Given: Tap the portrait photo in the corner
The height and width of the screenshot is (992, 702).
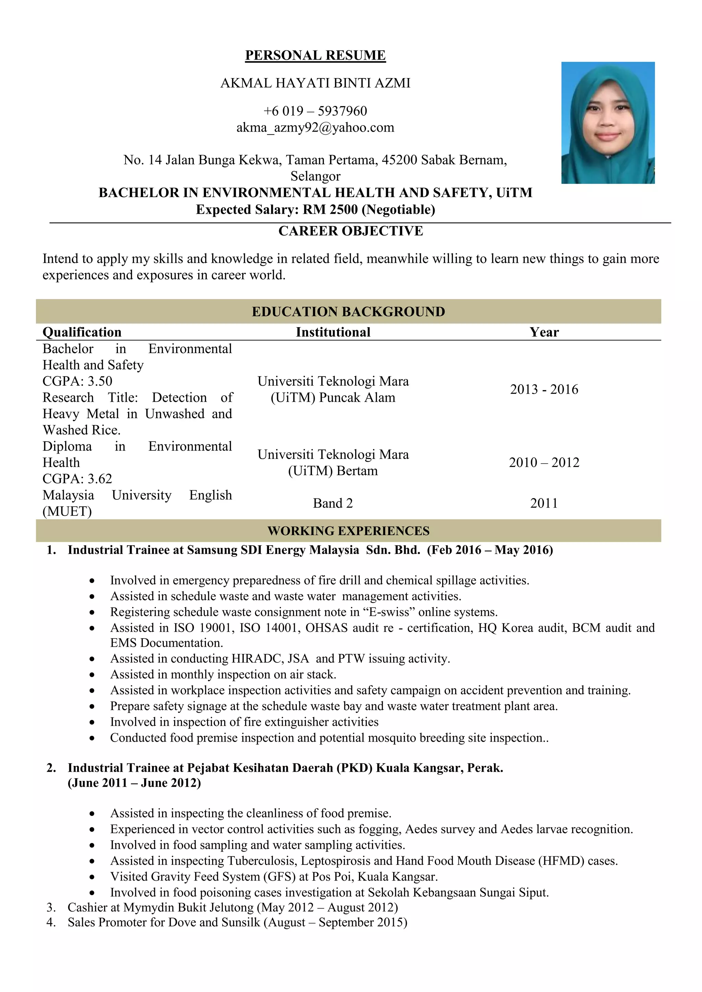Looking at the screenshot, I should [607, 123].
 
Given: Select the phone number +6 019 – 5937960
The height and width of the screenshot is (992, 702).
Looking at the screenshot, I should [315, 111].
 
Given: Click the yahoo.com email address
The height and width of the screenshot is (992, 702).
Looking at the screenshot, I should [315, 127].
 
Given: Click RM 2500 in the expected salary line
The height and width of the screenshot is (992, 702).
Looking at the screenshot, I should [330, 210].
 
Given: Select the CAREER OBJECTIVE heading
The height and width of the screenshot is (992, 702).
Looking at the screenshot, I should [351, 231].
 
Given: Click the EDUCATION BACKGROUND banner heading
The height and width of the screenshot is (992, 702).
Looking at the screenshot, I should [348, 311].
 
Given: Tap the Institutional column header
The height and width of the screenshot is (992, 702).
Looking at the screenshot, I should [333, 332].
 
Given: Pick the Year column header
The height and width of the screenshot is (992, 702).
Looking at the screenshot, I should [544, 332].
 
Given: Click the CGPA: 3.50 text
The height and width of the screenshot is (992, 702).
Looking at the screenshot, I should [77, 381].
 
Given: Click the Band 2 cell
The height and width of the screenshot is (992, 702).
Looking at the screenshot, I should [333, 503].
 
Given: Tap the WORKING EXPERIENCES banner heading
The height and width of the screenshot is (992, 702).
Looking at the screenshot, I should [348, 531].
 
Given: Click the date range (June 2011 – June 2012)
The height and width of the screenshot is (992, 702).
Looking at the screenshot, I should [134, 783].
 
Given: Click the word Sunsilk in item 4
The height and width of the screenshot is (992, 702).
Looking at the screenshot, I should [241, 922].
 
